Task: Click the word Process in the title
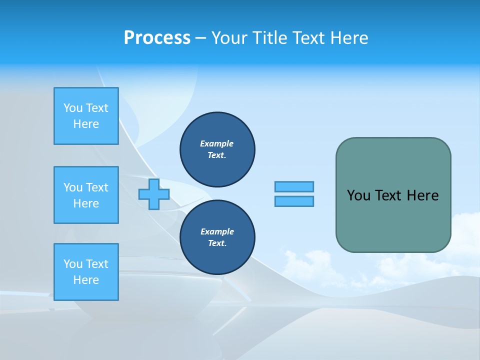[157, 38]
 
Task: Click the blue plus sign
[154, 194]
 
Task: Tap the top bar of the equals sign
[294, 186]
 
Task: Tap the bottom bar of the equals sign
[294, 201]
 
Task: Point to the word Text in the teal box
[388, 195]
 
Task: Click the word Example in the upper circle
[216, 143]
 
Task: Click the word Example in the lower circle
[216, 231]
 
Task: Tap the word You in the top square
[73, 108]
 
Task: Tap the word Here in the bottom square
[86, 280]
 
